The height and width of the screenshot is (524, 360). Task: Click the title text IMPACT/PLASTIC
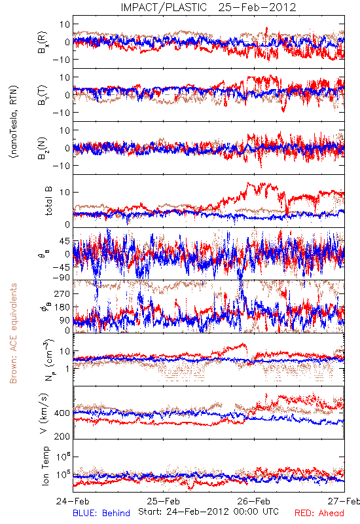[164, 7]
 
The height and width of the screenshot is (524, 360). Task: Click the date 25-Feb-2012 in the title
[257, 7]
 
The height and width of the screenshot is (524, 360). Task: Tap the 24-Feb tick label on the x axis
[73, 501]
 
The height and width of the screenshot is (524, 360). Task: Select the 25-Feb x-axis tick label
[164, 501]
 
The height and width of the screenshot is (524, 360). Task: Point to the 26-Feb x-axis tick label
[254, 501]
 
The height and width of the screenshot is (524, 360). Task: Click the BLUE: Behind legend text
[101, 513]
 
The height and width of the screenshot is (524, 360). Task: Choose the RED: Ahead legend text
[319, 513]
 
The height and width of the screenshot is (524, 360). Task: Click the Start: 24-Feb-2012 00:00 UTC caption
[208, 512]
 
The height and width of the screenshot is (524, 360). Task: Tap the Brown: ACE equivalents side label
[13, 333]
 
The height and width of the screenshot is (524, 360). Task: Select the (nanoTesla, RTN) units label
[14, 122]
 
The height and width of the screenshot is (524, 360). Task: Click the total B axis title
[48, 201]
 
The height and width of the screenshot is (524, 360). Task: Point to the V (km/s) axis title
[44, 413]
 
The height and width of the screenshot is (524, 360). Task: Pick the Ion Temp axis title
[45, 466]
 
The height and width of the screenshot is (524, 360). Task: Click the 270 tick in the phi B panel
[62, 293]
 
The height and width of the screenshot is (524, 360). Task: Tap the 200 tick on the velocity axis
[62, 436]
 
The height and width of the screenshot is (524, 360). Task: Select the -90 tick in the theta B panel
[61, 278]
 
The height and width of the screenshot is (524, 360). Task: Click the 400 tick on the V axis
[62, 413]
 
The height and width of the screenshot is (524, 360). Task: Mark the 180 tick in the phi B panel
[62, 307]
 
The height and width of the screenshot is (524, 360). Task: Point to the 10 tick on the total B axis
[65, 192]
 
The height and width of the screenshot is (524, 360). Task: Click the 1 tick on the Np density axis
[67, 369]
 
